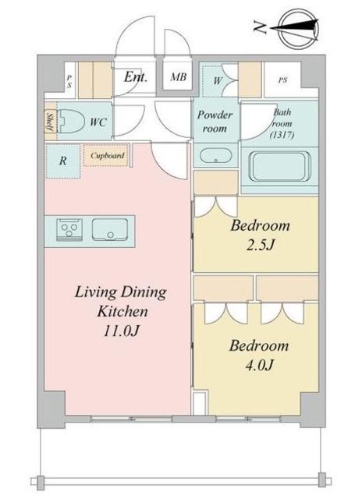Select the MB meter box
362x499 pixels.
pyautogui.click(x=178, y=78)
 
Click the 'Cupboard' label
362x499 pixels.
pyautogui.click(x=107, y=155)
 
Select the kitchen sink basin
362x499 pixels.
pyautogui.click(x=109, y=230)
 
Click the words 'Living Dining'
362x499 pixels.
pyautogui.click(x=120, y=293)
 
